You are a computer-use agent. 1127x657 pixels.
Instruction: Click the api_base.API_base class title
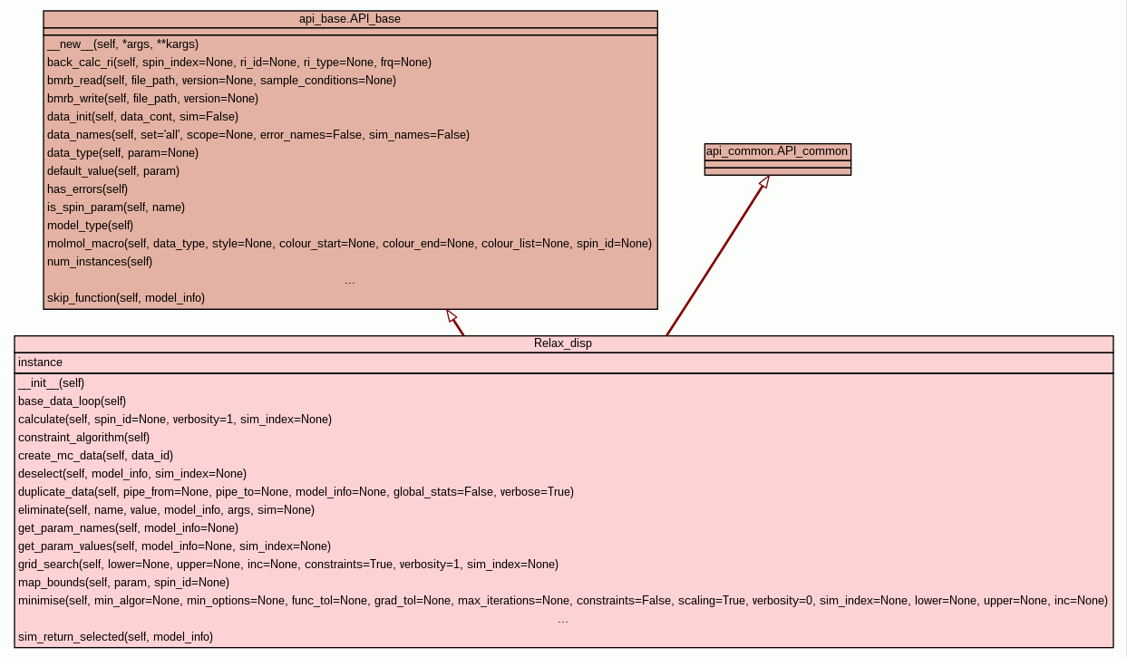pos(350,19)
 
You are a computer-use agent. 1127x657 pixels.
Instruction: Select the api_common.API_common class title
pos(777,151)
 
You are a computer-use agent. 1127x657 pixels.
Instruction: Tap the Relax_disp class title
pos(563,343)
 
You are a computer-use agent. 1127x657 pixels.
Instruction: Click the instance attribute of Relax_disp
pos(40,362)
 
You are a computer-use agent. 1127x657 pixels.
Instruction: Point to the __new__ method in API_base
pos(122,43)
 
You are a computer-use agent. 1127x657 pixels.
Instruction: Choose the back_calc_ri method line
pos(238,62)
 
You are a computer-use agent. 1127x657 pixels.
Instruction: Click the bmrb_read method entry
pos(221,80)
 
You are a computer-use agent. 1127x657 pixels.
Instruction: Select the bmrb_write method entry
pos(152,98)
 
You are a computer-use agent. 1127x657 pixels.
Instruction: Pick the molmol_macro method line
pos(349,243)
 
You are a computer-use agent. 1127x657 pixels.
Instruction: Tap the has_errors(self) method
pos(87,188)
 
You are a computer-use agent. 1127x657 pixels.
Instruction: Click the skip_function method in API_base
pos(126,297)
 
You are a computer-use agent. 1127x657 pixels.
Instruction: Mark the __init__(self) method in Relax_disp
pos(51,382)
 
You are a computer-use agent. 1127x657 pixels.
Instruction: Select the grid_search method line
pos(287,564)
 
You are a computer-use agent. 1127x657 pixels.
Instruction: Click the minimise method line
pos(562,600)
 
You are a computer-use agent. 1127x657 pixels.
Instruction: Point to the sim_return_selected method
pos(115,636)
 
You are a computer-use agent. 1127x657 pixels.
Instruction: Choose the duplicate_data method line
pos(296,491)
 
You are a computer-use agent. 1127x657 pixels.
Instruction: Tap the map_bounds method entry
pos(123,582)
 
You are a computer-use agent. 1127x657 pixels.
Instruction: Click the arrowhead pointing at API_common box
pos(764,181)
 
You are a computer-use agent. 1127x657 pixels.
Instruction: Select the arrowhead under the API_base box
pos(451,315)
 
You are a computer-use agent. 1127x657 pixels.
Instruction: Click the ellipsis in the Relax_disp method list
pos(563,620)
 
